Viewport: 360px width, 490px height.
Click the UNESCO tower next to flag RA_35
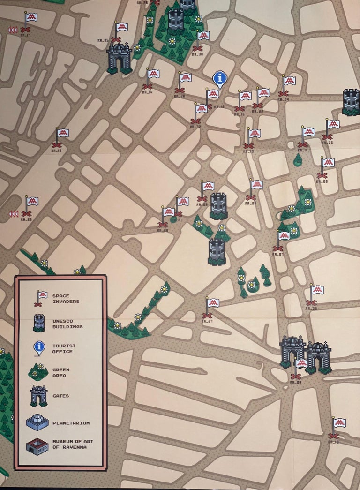pyautogui.click(x=218, y=206)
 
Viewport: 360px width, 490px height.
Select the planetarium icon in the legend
pyautogui.click(x=37, y=422)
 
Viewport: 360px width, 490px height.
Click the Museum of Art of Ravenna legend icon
pyautogui.click(x=37, y=446)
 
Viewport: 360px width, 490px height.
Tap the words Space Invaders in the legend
pyautogui.click(x=66, y=299)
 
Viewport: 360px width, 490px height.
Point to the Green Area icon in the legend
pyautogui.click(x=38, y=372)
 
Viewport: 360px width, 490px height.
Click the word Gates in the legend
pyautogui.click(x=61, y=396)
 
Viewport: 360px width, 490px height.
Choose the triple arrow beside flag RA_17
pyautogui.click(x=12, y=30)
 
